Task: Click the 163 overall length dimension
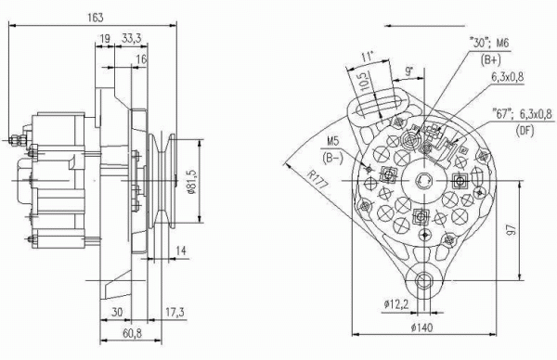pos(96,17)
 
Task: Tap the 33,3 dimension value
pos(132,37)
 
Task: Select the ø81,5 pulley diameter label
pos(193,181)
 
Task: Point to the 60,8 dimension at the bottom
pos(132,333)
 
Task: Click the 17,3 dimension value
pos(175,313)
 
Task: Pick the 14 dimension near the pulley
pos(181,251)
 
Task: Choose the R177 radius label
pos(318,179)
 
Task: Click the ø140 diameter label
pos(422,328)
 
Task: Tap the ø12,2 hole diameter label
pos(396,304)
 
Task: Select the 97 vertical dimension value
pos(512,230)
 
